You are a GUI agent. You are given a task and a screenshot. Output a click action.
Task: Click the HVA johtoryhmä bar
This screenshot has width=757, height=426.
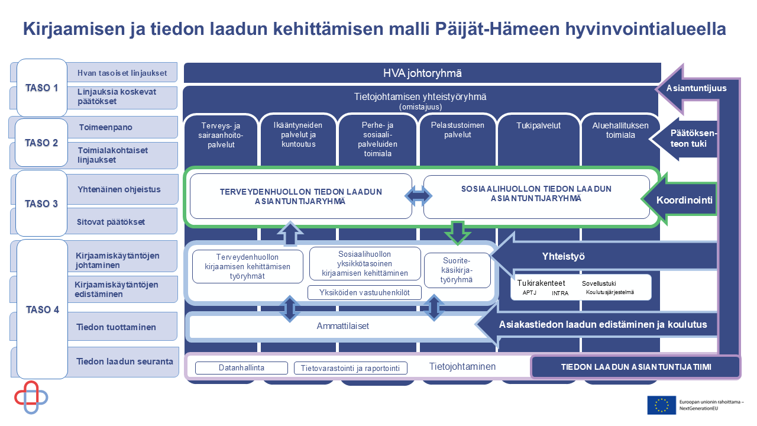(422, 73)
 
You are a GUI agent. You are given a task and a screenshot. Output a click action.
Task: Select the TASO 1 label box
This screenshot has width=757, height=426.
(41, 88)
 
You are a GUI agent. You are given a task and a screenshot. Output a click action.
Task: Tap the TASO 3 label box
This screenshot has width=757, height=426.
(41, 204)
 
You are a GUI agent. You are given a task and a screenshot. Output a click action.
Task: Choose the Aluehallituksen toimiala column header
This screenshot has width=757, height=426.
(620, 130)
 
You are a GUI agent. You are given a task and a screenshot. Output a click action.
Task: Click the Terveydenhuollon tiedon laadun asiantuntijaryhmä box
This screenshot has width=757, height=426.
(300, 196)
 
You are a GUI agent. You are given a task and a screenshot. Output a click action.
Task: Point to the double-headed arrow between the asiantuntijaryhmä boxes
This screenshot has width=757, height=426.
(418, 196)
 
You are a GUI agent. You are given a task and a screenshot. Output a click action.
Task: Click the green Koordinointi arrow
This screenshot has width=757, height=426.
(683, 200)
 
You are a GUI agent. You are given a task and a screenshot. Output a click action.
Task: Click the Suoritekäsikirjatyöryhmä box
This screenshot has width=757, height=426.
(457, 270)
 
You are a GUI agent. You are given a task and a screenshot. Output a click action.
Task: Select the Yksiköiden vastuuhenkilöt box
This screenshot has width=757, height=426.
(364, 292)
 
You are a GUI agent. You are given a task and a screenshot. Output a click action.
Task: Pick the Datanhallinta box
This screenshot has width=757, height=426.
(241, 368)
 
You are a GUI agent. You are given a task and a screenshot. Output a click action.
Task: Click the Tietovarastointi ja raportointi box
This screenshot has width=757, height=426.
(350, 368)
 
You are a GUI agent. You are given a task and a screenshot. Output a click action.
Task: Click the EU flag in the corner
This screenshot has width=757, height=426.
(661, 405)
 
